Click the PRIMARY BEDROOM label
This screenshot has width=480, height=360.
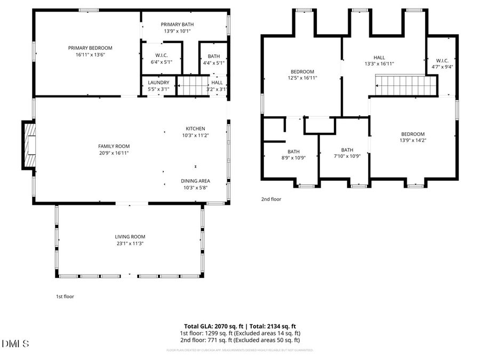(90, 48)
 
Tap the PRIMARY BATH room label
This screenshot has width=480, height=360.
(177, 24)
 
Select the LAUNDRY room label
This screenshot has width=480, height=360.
(158, 83)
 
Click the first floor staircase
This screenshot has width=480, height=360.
(191, 85)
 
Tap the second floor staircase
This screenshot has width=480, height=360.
(406, 85)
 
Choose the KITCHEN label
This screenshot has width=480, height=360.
(195, 129)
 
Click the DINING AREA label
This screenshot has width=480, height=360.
(195, 181)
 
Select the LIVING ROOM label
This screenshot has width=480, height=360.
(130, 237)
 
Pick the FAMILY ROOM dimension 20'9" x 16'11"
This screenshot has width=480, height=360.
(114, 153)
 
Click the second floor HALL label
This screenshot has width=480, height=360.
(379, 58)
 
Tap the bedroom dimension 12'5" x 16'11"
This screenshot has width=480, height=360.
(302, 78)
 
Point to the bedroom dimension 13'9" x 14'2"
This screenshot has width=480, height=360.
(413, 140)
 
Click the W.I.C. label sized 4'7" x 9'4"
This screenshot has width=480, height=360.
(442, 60)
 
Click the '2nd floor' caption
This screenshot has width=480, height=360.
(271, 199)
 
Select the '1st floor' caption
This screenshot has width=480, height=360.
(65, 297)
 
